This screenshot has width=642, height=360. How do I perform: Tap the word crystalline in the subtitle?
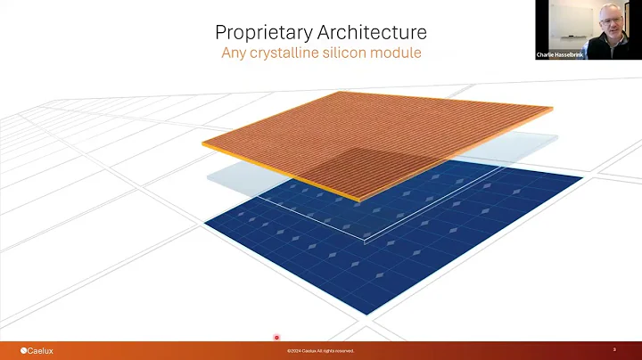(292, 53)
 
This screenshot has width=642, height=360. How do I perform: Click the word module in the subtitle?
(398, 53)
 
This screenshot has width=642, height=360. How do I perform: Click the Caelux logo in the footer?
(37, 350)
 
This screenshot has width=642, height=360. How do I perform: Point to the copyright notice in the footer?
(320, 351)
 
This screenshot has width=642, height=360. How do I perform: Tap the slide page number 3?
(614, 350)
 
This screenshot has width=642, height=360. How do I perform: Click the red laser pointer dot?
(276, 338)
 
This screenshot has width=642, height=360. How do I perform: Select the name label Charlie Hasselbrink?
(560, 54)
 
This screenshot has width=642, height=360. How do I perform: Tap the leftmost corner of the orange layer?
(202, 143)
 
